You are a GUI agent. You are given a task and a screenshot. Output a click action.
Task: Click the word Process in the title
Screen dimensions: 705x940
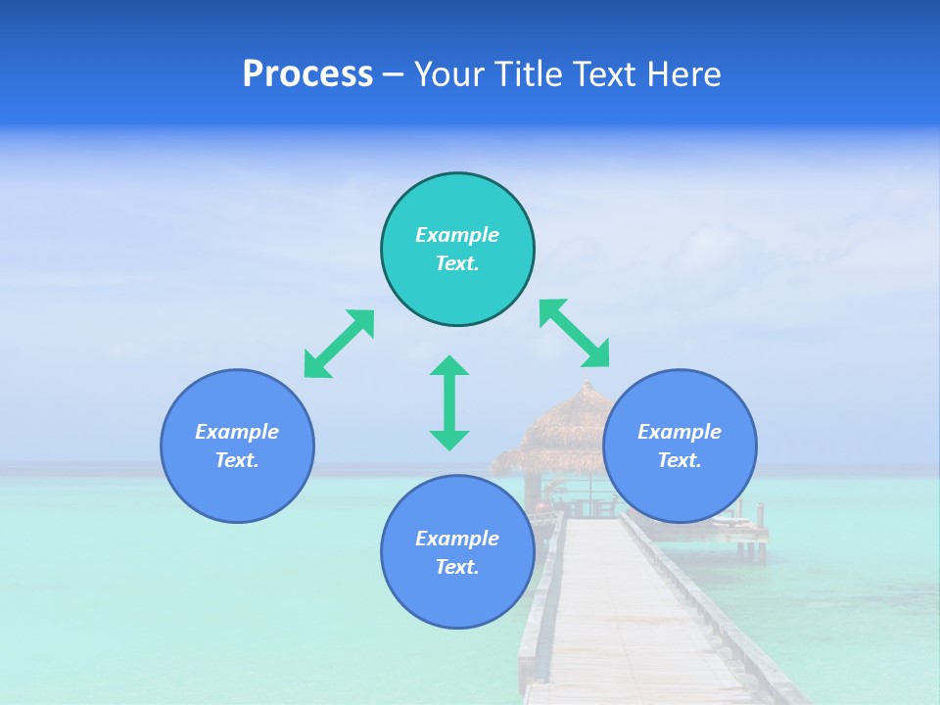click(307, 74)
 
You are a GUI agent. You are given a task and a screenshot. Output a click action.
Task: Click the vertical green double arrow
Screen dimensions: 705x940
click(449, 402)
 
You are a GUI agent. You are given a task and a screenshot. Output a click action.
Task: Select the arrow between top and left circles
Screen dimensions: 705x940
click(339, 343)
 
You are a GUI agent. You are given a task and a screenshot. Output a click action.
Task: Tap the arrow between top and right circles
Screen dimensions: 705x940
click(575, 333)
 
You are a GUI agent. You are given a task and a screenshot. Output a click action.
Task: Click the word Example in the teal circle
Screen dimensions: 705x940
click(457, 235)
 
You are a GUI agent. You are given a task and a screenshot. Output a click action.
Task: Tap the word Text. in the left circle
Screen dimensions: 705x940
click(237, 460)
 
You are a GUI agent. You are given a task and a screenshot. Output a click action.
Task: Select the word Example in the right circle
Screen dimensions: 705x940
click(680, 432)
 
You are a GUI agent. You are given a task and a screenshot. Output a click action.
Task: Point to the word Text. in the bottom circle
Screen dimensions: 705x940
click(457, 567)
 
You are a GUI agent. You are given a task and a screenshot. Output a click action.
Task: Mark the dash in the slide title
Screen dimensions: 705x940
click(393, 74)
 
